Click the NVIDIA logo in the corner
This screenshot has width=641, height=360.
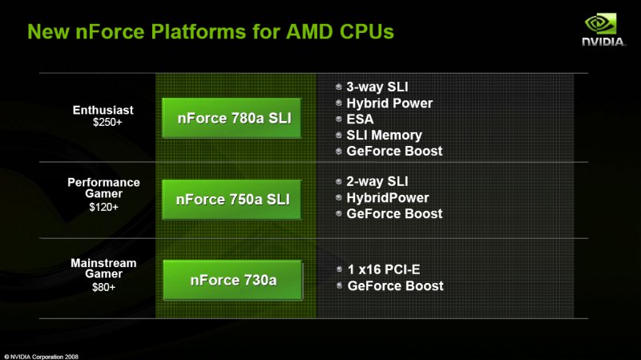[x=603, y=30]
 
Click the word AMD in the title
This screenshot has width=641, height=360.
[x=310, y=31]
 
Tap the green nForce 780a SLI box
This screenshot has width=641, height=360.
[x=232, y=118]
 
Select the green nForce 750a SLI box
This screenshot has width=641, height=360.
[x=232, y=200]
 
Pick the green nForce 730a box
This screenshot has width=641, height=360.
[x=232, y=281]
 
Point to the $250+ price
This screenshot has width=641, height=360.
[x=107, y=123]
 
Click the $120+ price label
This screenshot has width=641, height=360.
[x=104, y=207]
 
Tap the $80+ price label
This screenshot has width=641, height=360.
[x=104, y=287]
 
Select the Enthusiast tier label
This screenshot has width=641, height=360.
[x=103, y=110]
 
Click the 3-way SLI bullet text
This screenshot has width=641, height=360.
[x=377, y=87]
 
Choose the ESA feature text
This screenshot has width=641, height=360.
[x=360, y=119]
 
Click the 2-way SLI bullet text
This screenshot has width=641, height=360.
[x=377, y=181]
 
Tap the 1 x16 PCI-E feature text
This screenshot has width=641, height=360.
[x=384, y=269]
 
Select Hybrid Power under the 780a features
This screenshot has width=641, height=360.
[x=389, y=103]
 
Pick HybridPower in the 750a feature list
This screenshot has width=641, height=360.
[x=388, y=197]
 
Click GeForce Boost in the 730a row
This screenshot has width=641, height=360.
[x=395, y=285]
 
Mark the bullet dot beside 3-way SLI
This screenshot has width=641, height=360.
[x=338, y=87]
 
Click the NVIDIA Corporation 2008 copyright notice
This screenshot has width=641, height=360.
[x=42, y=357]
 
